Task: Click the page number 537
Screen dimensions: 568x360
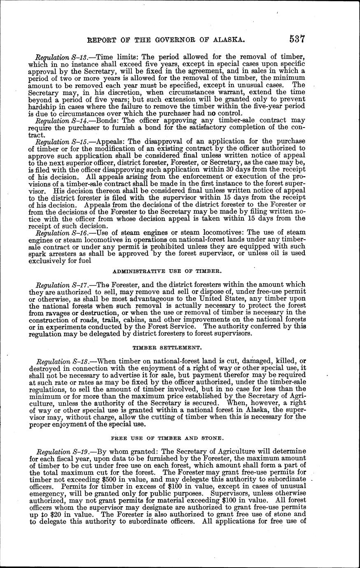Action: [297, 39]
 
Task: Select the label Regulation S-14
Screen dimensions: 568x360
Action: [58, 121]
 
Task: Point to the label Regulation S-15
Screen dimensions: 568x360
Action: [58, 141]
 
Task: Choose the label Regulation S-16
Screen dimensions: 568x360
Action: [58, 232]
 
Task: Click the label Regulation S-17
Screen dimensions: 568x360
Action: [58, 284]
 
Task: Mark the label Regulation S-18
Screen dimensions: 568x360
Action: [58, 362]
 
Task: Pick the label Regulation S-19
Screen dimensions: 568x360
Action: [58, 447]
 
